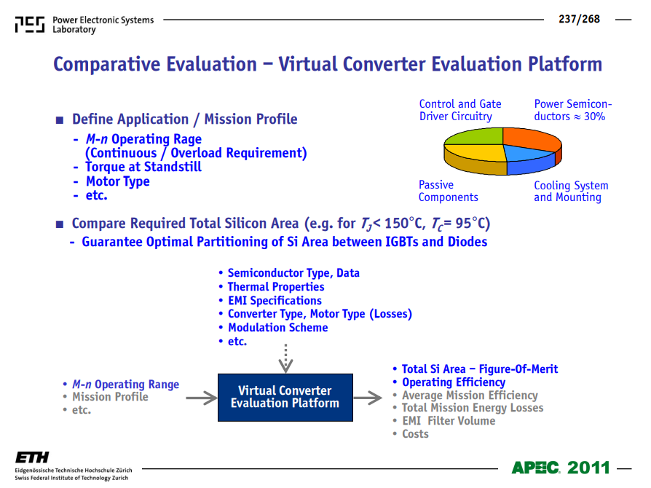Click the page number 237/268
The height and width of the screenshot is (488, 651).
point(579,19)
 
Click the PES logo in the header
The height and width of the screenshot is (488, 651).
point(29,25)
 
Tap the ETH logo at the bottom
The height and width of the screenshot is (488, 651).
point(32,457)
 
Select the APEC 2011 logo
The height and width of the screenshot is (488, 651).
point(561,468)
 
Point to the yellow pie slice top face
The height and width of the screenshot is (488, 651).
point(478,152)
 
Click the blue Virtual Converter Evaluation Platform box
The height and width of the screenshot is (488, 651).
point(285,398)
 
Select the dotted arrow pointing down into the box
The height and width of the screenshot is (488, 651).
point(285,358)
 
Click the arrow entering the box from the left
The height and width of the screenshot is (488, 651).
point(202,398)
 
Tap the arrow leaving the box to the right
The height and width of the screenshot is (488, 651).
point(368,398)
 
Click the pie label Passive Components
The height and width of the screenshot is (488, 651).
point(448,191)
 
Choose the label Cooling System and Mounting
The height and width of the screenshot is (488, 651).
point(571,191)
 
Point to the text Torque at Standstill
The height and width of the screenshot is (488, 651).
point(143,167)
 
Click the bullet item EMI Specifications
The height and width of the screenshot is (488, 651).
point(275,301)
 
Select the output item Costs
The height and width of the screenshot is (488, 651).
point(415,434)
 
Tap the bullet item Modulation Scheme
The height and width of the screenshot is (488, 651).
point(277,328)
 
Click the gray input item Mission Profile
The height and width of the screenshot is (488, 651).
point(110,397)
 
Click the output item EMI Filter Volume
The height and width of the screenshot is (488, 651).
point(449,421)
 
